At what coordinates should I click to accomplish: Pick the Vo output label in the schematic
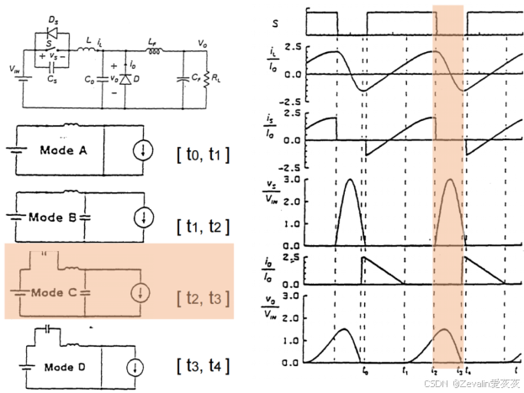202,41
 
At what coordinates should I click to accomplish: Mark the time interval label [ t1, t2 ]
202,225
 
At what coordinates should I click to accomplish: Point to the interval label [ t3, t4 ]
202,366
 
